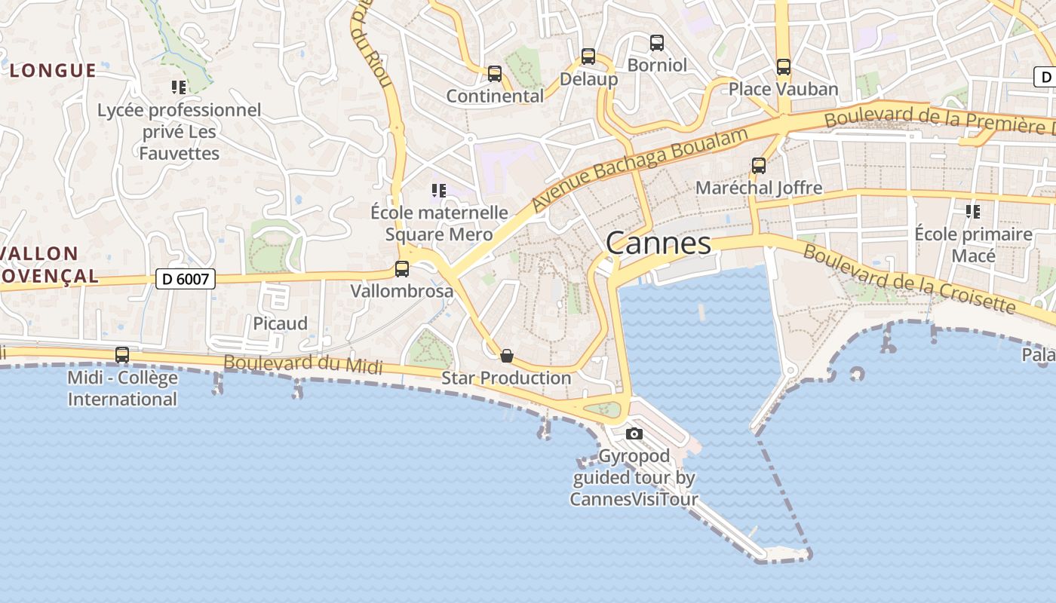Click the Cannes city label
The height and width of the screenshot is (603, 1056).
point(658,243)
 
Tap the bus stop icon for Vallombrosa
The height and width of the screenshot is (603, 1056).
point(402,269)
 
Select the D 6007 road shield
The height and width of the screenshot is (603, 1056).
point(186,279)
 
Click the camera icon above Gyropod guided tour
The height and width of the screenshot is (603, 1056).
point(634,433)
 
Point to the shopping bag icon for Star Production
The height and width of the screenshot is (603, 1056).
point(507,356)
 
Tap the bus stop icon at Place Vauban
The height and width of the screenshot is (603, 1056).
point(784,67)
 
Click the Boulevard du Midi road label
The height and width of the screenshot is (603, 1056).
point(302,364)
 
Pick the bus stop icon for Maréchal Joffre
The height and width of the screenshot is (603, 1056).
point(759,166)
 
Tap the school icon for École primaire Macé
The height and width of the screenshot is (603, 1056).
point(973,212)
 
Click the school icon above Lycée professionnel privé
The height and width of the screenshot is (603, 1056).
point(179,87)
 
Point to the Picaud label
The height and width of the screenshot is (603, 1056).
point(280,323)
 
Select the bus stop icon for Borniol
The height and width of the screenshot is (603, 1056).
point(657,43)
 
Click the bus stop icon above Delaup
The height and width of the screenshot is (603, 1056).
point(588,57)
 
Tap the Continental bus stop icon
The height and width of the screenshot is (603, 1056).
point(495,74)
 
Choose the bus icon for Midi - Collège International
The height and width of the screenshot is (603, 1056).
point(122,355)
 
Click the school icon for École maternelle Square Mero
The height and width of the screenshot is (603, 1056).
point(438,191)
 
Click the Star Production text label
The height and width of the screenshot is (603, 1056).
point(506,378)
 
